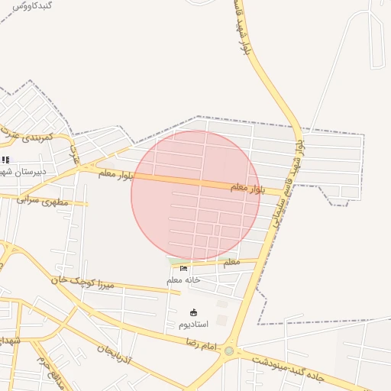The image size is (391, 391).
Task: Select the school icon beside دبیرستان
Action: (6, 160)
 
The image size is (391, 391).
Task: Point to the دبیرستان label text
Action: (24, 171)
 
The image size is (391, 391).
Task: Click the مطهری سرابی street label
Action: (43, 200)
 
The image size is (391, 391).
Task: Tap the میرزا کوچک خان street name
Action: (86, 282)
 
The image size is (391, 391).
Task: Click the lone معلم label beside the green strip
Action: (230, 261)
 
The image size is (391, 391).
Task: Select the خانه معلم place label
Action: (183, 280)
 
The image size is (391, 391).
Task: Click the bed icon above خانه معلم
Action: (183, 268)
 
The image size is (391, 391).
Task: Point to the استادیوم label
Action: (193, 325)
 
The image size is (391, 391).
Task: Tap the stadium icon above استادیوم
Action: (193, 312)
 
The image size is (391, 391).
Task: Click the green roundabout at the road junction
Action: (228, 351)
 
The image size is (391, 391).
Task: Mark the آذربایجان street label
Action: (114, 354)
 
